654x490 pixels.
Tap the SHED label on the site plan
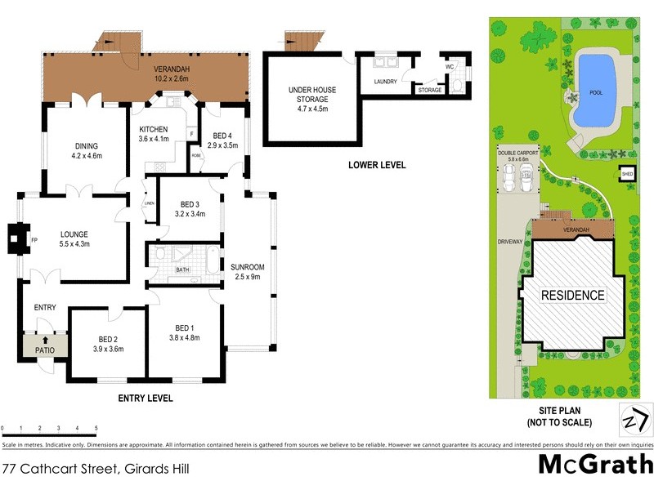coord(627,174)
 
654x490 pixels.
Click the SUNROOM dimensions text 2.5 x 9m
coord(245,278)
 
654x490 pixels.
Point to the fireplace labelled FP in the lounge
coord(34,239)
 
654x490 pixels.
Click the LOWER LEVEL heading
coord(376,165)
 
